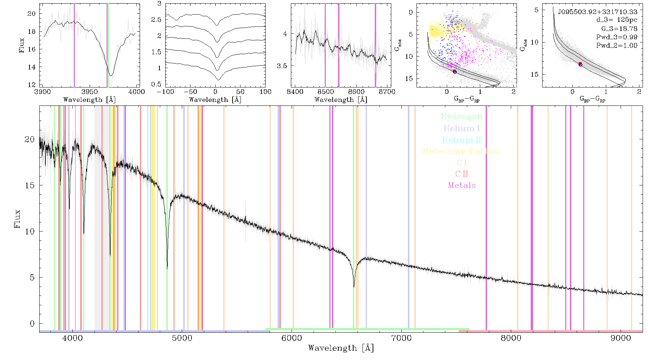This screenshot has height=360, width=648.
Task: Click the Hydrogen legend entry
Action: [x=461, y=117]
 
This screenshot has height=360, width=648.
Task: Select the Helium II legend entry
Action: [x=462, y=140]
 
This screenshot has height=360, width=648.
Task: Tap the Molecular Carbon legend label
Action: [x=462, y=151]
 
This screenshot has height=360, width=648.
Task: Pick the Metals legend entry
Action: [x=462, y=185]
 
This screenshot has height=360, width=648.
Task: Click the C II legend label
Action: [x=462, y=174]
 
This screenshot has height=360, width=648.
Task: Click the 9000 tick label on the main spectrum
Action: [x=621, y=338]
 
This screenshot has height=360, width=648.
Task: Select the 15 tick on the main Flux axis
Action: [x=30, y=185]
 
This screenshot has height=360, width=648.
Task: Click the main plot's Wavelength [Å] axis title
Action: [x=341, y=348]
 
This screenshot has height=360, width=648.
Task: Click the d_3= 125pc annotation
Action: [x=617, y=20]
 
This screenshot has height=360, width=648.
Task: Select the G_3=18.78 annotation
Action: [x=619, y=28]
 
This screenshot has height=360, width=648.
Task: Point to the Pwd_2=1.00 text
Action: [x=617, y=46]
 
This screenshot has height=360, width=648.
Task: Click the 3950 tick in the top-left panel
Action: [x=90, y=91]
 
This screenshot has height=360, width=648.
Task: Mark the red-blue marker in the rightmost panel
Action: [x=580, y=64]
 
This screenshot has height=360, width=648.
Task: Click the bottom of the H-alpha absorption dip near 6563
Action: [x=354, y=287]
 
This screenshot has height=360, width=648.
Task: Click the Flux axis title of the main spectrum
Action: [x=17, y=219]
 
